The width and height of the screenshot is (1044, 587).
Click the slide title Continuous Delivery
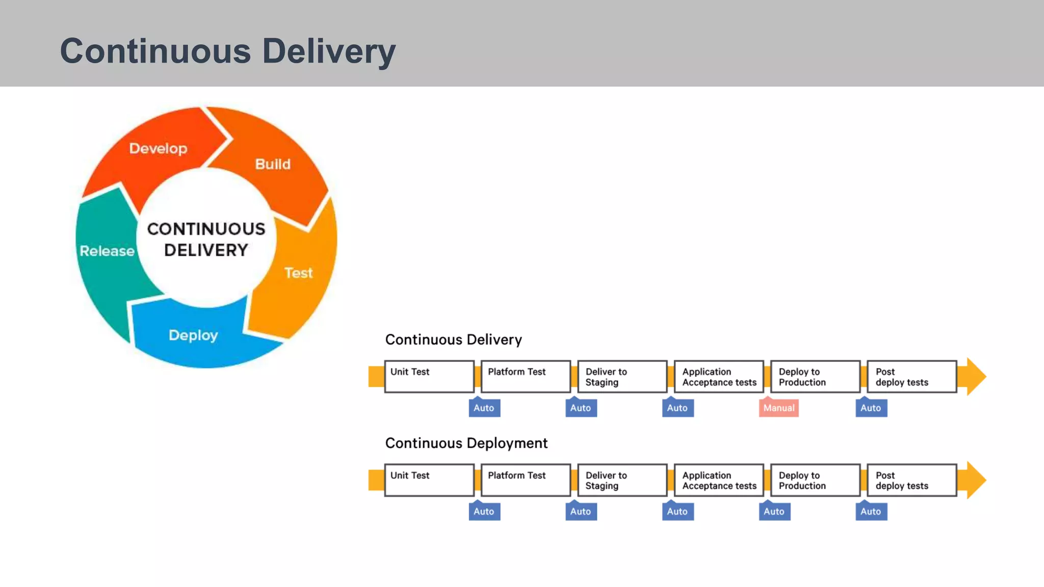tap(227, 51)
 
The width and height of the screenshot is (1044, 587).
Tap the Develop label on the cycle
tap(158, 148)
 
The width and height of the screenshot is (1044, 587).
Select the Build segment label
tap(273, 164)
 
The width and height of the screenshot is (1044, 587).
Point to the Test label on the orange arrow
tap(298, 273)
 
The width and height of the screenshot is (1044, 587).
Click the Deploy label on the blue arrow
tap(193, 335)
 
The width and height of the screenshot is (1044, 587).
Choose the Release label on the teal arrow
tap(107, 251)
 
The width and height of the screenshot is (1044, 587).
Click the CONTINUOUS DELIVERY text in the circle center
tap(206, 239)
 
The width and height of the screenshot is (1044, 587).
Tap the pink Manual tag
tap(778, 408)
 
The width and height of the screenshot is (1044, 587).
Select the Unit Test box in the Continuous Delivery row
tap(429, 377)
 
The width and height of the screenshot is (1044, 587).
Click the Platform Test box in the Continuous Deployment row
tap(526, 480)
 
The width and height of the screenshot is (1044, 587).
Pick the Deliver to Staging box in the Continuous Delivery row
tap(622, 377)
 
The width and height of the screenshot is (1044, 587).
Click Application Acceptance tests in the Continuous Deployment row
tap(719, 480)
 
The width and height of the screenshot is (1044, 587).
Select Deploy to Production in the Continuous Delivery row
tap(815, 377)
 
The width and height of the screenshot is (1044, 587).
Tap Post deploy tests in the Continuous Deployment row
tap(911, 480)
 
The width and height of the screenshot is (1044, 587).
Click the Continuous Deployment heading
tap(466, 443)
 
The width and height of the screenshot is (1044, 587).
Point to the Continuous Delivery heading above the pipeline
tap(453, 339)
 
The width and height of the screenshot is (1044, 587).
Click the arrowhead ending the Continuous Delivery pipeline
tap(975, 377)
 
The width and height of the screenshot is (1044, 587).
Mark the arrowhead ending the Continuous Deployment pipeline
tap(975, 480)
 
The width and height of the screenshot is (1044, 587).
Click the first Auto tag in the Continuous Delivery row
tap(484, 408)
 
